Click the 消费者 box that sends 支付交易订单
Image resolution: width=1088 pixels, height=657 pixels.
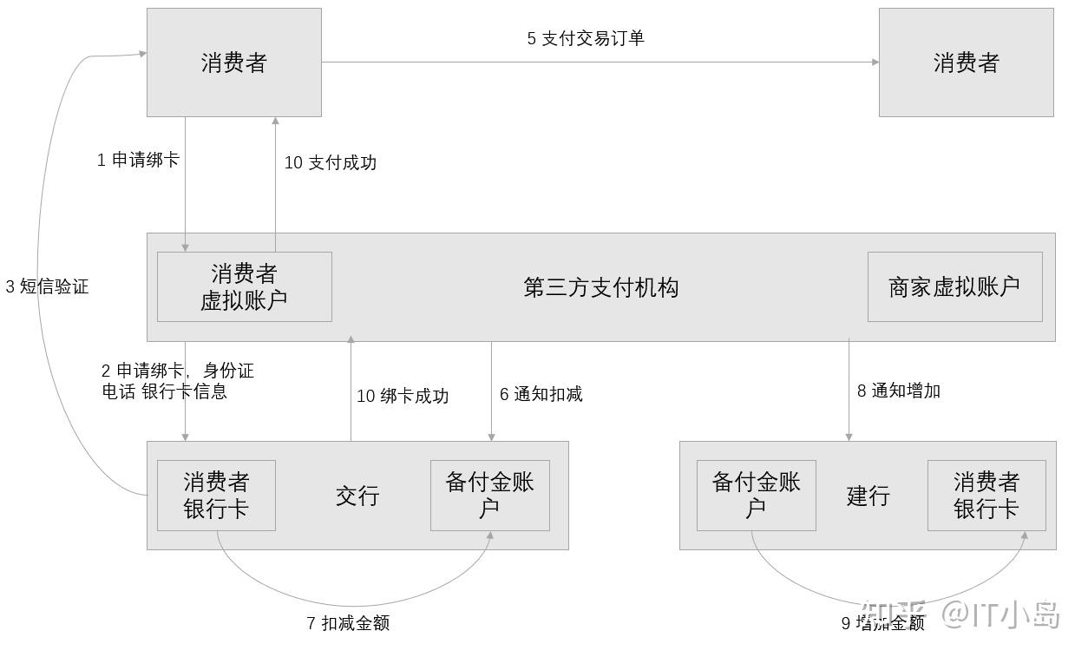[233, 62]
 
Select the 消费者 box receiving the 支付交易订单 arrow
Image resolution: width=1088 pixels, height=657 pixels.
[966, 62]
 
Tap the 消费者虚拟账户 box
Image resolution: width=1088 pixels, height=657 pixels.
[244, 286]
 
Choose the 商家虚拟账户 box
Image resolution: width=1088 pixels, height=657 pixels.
[954, 286]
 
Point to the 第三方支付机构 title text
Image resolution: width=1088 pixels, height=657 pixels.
[600, 287]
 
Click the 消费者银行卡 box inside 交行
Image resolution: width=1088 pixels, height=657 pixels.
[216, 495]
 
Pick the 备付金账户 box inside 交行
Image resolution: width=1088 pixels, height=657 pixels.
[489, 495]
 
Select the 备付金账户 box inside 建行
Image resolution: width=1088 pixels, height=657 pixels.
[756, 495]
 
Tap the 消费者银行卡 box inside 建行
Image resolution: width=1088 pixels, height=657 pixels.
[986, 495]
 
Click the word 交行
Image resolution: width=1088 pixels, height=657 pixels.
[357, 496]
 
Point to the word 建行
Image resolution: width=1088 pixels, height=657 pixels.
[868, 496]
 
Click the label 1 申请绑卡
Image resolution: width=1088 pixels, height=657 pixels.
[138, 160]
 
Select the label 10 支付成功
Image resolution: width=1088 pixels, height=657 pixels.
[331, 162]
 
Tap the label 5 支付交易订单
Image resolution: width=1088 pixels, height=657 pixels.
[586, 38]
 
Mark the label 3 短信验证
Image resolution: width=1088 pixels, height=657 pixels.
[47, 286]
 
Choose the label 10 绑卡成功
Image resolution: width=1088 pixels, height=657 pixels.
[403, 396]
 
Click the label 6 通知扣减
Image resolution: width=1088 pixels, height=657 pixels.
[541, 394]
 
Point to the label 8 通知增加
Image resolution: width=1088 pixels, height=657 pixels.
[899, 391]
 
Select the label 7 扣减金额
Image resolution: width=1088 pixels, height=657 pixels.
[348, 623]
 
